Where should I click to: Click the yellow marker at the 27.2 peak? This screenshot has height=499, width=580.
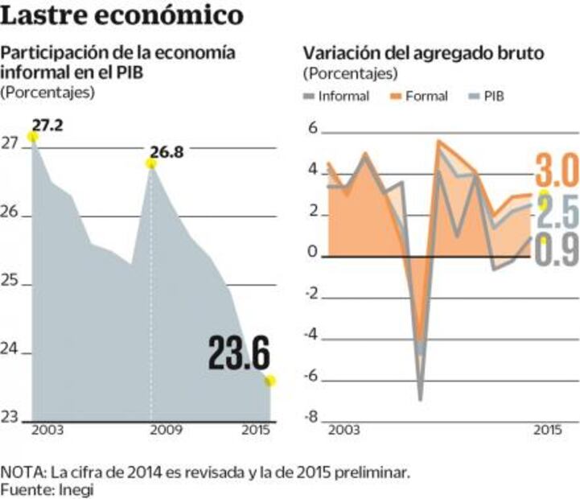[32, 137]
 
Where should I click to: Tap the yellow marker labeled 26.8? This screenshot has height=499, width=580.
[150, 163]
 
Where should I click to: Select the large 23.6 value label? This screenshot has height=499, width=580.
[238, 353]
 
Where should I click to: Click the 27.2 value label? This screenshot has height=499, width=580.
[48, 124]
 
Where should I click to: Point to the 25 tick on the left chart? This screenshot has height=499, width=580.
[10, 285]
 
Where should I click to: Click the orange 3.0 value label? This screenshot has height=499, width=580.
[556, 172]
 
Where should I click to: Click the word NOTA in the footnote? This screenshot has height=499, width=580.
[22, 472]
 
